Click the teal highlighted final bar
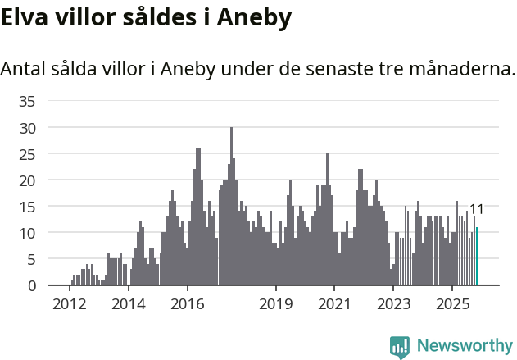click(477, 257)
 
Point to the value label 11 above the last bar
click(476, 210)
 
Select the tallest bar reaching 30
click(232, 207)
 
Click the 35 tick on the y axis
click(28, 102)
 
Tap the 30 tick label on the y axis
click(28, 128)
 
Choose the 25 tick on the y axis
click(28, 154)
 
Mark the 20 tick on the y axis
click(28, 180)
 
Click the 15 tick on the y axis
click(28, 207)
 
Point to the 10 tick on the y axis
click(28, 233)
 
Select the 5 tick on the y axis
click(31, 259)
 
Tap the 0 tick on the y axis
click(31, 285)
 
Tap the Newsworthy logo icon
click(400, 347)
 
